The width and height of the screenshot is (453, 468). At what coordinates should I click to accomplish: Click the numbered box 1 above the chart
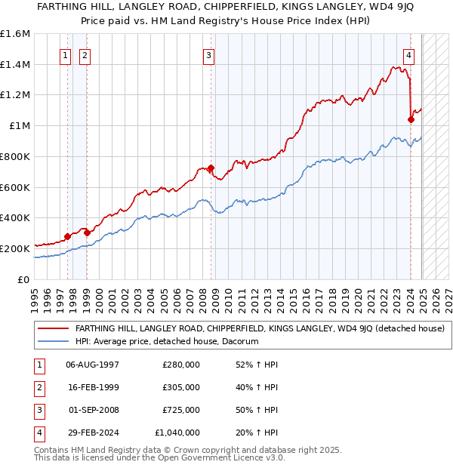65,54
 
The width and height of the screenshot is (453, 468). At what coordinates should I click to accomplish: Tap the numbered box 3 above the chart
208,54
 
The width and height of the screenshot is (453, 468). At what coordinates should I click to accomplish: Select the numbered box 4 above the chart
408,54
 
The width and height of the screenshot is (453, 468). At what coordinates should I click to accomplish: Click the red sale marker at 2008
211,168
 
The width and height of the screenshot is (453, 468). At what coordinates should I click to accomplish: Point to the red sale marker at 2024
411,119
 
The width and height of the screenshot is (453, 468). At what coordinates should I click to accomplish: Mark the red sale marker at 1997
67,236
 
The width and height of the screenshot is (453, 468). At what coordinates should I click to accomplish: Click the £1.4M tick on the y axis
15,65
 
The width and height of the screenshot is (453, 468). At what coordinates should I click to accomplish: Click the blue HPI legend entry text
167,341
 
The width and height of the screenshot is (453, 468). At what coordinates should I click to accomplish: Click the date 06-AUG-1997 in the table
92,365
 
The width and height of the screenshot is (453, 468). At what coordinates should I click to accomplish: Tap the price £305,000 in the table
181,387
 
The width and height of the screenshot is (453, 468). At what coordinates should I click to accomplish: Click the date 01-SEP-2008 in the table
93,410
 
